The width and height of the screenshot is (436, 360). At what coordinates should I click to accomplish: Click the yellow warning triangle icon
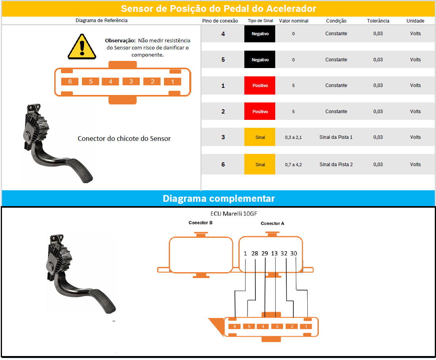82,47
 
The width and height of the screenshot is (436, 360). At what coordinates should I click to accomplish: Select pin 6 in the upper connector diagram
70,81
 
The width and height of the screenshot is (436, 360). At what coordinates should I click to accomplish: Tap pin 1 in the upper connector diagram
173,81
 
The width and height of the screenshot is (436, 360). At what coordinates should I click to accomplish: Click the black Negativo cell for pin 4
260,34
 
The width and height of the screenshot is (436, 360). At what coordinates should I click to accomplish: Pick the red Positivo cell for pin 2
260,112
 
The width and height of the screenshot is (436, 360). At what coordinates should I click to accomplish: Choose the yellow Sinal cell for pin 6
260,165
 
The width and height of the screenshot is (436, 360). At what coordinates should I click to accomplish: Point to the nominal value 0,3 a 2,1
293,137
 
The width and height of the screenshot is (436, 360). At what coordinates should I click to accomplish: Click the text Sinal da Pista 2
336,165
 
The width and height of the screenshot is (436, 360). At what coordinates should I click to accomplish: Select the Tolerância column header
378,21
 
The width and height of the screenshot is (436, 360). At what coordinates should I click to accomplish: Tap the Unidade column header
415,21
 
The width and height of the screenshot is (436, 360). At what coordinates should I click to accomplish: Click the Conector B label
200,223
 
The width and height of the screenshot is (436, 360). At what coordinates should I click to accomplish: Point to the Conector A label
272,224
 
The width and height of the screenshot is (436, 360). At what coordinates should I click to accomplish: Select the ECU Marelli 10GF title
234,214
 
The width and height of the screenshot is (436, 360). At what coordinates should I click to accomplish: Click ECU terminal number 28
255,253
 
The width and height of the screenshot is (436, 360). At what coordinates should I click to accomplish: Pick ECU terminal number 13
274,253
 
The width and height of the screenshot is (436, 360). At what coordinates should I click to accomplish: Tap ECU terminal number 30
293,253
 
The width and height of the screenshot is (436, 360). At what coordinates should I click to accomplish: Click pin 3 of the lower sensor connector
277,326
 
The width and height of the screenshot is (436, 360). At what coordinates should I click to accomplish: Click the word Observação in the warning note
120,41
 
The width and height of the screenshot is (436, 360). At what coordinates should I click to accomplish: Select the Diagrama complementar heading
219,199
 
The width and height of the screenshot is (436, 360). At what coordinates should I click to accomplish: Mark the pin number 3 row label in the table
223,137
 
